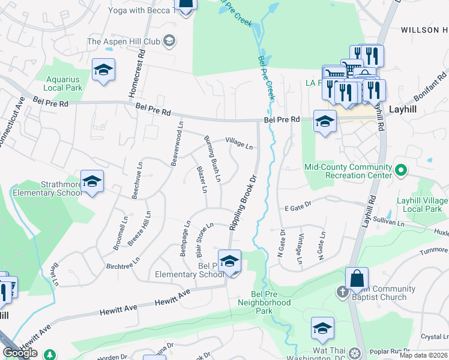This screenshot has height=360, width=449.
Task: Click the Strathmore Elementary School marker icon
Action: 92,181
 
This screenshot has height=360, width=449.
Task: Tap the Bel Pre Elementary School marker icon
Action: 229,261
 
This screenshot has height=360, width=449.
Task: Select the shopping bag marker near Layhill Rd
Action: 357,278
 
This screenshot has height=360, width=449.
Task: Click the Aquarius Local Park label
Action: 64,83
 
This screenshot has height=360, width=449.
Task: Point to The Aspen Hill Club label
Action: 124,41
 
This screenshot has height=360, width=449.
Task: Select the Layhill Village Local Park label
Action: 420,205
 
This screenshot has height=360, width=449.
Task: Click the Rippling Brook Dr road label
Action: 243,202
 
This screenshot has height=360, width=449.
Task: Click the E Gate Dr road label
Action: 298,206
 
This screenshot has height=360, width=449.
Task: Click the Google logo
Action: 20,353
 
